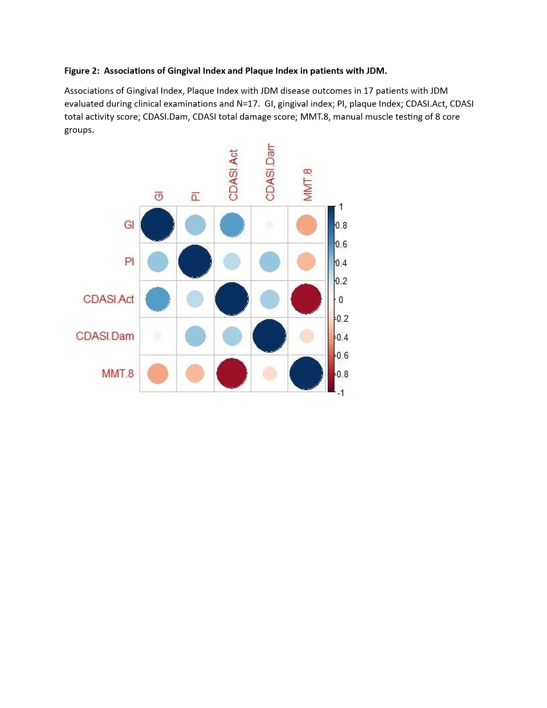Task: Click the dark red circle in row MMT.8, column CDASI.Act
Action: click(231, 373)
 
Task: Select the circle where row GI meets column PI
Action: click(195, 225)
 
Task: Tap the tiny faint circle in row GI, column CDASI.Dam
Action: click(269, 225)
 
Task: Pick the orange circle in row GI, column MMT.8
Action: click(307, 225)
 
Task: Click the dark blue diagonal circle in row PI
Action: click(195, 262)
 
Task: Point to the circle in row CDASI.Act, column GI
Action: click(158, 299)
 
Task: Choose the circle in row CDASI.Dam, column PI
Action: click(195, 336)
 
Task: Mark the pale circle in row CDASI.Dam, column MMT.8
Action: click(307, 336)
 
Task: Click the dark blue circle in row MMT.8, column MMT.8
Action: click(306, 373)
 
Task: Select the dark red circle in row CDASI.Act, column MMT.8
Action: click(306, 299)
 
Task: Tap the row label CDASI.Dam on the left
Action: click(105, 336)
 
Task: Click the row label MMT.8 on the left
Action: click(118, 373)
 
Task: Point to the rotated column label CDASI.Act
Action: click(233, 175)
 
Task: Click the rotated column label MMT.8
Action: click(307, 185)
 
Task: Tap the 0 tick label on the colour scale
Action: click(341, 300)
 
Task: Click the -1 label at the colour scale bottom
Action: click(341, 393)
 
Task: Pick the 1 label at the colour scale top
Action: click(341, 207)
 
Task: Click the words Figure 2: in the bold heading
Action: click(82, 71)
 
